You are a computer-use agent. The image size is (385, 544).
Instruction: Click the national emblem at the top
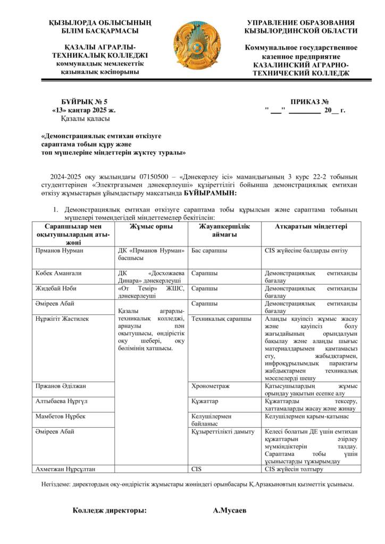[197, 47]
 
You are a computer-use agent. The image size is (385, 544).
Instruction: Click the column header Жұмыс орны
[151, 226]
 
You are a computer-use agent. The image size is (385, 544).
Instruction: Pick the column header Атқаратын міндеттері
[311, 226]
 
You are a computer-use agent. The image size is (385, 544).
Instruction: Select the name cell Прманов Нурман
[58, 250]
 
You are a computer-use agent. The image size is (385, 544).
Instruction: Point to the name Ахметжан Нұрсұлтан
[64, 469]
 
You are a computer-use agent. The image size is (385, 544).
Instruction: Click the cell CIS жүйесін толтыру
[294, 469]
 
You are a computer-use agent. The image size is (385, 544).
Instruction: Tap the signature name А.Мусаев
[229, 511]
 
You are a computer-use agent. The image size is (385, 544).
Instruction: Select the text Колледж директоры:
[110, 511]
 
